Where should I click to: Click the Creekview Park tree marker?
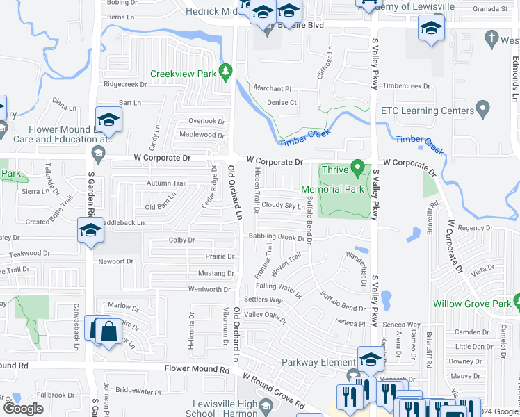(225, 70)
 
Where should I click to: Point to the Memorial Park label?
(332, 189)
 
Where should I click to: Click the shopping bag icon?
(109, 332)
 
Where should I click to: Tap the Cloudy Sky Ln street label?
(283, 206)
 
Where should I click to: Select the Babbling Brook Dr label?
(277, 237)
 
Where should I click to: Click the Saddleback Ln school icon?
(90, 230)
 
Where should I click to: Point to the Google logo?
(23, 409)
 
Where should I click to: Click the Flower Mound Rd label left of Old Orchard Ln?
(197, 370)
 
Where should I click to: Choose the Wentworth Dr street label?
(209, 289)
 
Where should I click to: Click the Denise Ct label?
(282, 103)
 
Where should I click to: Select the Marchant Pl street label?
(272, 88)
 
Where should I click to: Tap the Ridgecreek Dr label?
(125, 84)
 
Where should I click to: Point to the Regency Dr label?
(475, 228)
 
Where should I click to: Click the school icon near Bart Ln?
(108, 121)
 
